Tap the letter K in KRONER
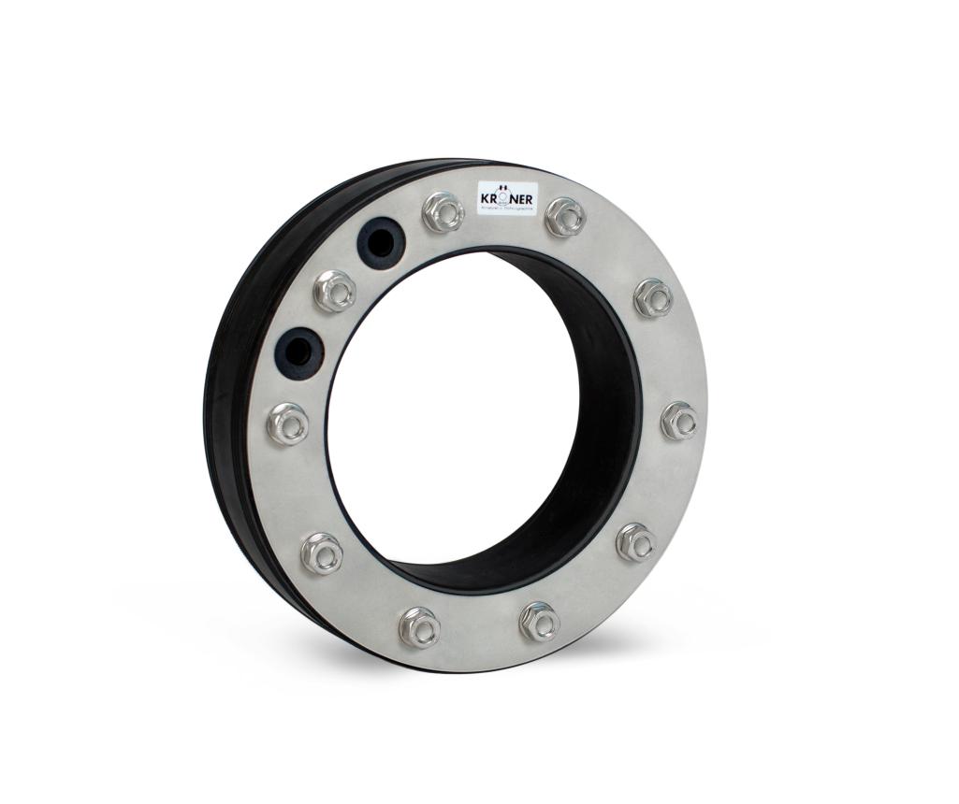pyautogui.click(x=486, y=198)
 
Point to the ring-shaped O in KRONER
pyautogui.click(x=505, y=197)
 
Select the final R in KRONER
pyautogui.click(x=530, y=198)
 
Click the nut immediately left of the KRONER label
pyautogui.click(x=443, y=212)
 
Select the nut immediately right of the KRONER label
pyautogui.click(x=565, y=216)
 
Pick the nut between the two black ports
pyautogui.click(x=334, y=292)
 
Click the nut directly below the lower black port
pyautogui.click(x=287, y=424)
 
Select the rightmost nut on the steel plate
pyautogui.click(x=679, y=420)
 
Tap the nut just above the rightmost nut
pyautogui.click(x=653, y=297)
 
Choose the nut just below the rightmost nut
pyautogui.click(x=636, y=542)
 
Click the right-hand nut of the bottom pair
pyautogui.click(x=540, y=622)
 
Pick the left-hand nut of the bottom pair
pyautogui.click(x=418, y=626)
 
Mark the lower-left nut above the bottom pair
pyautogui.click(x=322, y=553)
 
